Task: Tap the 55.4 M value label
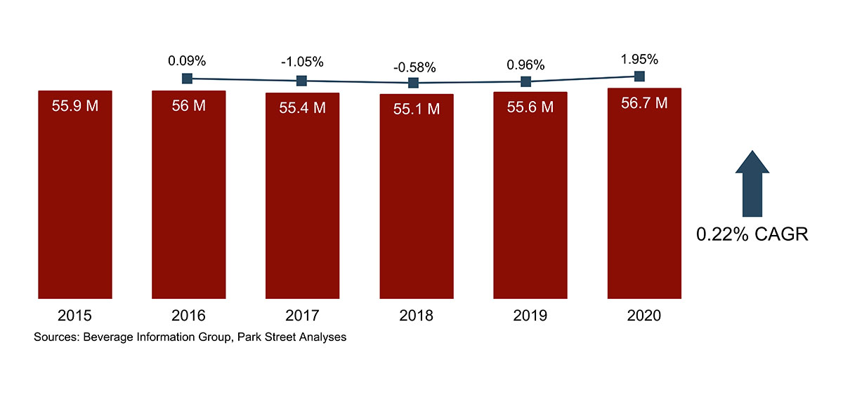point(302,108)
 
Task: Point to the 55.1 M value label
point(416,109)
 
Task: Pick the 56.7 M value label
point(644,103)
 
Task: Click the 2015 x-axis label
point(74,316)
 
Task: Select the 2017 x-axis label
point(302,316)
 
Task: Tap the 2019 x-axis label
point(530,316)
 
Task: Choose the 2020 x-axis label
point(644,316)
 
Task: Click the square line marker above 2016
point(187,79)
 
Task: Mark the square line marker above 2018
point(414,83)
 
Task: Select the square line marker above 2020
point(639,76)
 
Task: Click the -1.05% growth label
point(302,62)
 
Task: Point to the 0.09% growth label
point(187,60)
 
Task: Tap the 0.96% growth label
point(525,65)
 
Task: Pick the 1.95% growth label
point(639,58)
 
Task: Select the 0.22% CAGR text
point(752,234)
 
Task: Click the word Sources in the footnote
point(55,337)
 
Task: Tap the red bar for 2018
point(416,203)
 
